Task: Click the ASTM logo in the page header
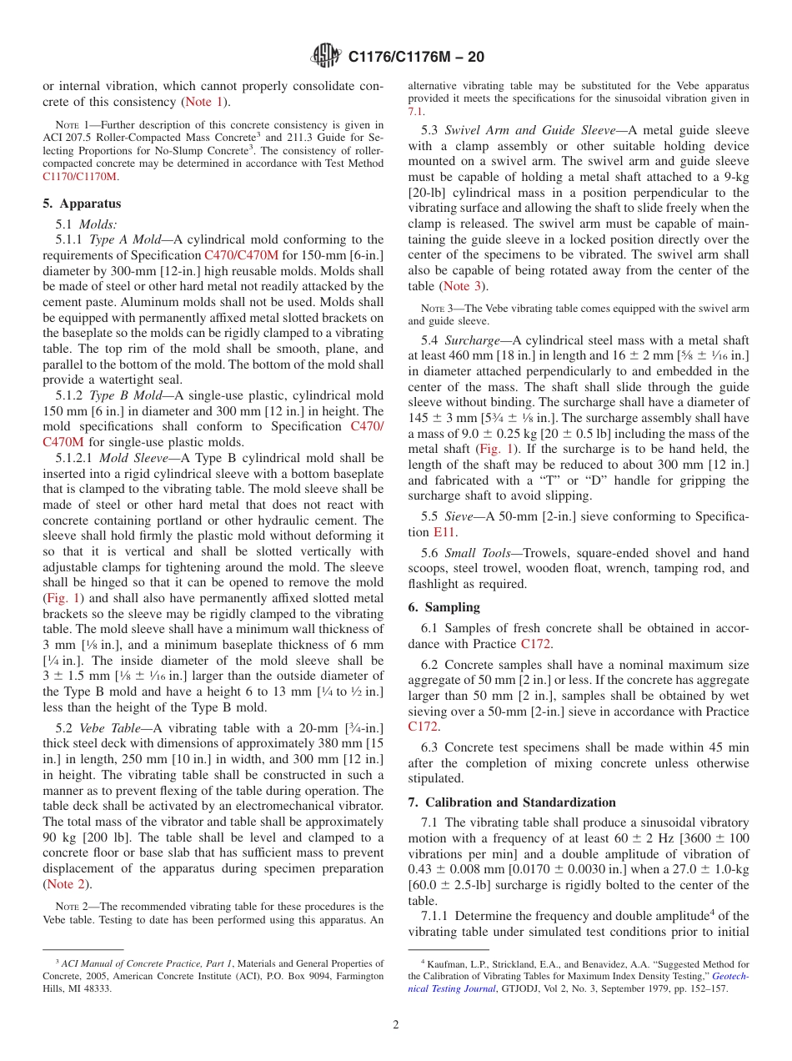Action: coord(325,56)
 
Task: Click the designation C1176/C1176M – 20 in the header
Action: coord(415,57)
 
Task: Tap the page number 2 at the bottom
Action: coord(396,1025)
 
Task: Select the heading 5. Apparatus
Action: coord(82,204)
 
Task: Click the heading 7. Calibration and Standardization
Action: coord(512,802)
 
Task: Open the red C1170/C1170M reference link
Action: coord(81,177)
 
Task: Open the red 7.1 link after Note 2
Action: coord(415,111)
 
